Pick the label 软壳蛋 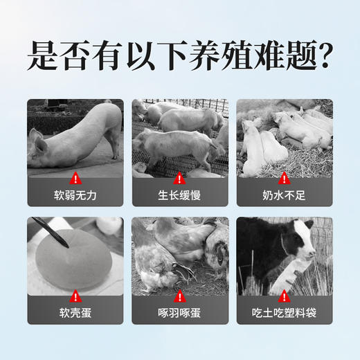75,312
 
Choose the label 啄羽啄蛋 180,312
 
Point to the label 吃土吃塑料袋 284,312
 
